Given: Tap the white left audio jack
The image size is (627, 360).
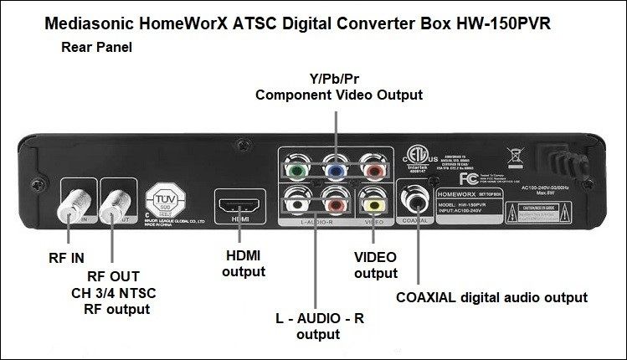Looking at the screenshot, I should [297, 201].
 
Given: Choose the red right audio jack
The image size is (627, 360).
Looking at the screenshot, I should [335, 201].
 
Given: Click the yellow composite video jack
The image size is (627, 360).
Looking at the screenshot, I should [373, 201].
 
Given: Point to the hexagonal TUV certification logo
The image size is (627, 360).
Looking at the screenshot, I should [163, 203].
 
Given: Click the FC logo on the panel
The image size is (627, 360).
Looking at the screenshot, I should [470, 178].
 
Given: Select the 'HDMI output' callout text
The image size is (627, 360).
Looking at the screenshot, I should [244, 264].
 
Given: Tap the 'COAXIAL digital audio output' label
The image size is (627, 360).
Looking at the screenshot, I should [491, 297].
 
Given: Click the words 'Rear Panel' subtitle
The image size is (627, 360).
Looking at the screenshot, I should [96, 47].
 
